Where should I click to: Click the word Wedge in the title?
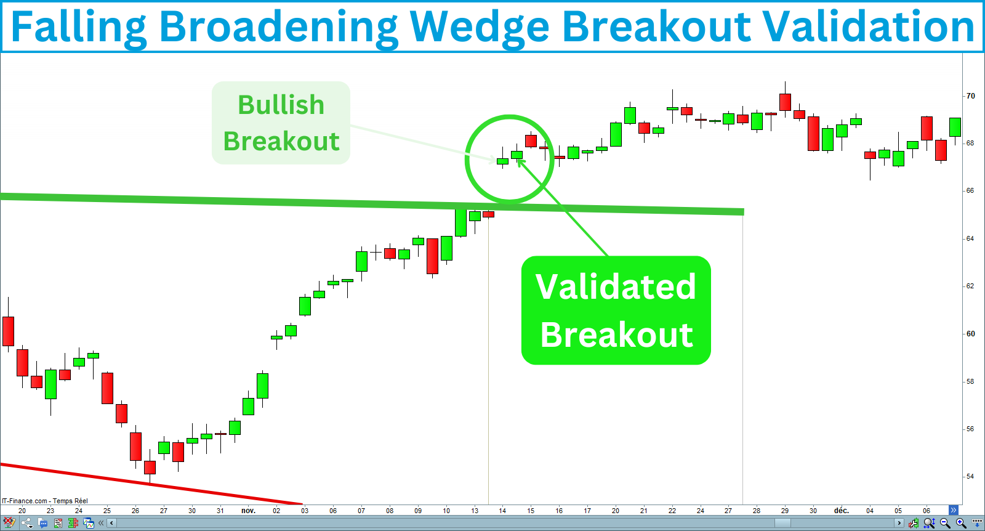pyautogui.click(x=478, y=27)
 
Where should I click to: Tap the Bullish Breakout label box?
pyautogui.click(x=281, y=123)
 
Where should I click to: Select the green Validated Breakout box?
pyautogui.click(x=616, y=310)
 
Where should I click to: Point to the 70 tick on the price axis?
pyautogui.click(x=970, y=96)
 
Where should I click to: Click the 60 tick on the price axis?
pyautogui.click(x=970, y=334)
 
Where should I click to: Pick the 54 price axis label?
pyautogui.click(x=970, y=476)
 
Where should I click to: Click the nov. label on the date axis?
pyautogui.click(x=248, y=511)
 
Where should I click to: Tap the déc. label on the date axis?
pyautogui.click(x=841, y=511)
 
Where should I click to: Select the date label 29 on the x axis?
pyautogui.click(x=785, y=511)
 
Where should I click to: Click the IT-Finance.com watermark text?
pyautogui.click(x=45, y=501)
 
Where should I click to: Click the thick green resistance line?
pyautogui.click(x=369, y=203)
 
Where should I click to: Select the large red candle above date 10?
pyautogui.click(x=433, y=256)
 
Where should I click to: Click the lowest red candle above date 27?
pyautogui.click(x=150, y=467)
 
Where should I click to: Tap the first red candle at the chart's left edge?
pyautogui.click(x=8, y=331)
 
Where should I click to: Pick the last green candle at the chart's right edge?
pyautogui.click(x=955, y=127)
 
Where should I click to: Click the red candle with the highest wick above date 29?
pyautogui.click(x=785, y=102)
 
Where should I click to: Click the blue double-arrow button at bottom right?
pyautogui.click(x=954, y=510)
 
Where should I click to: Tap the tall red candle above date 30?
pyautogui.click(x=813, y=133)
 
